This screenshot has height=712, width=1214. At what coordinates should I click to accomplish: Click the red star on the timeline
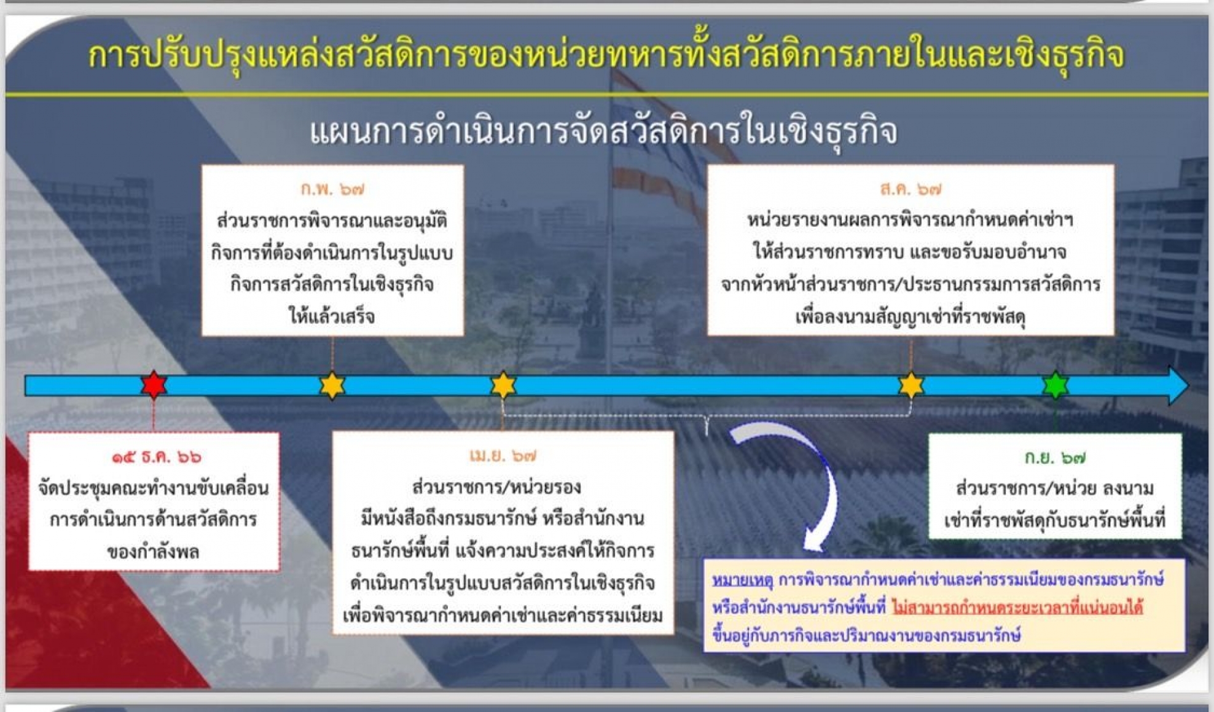click(154, 385)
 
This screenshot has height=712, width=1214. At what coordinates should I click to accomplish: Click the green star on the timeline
click(1055, 385)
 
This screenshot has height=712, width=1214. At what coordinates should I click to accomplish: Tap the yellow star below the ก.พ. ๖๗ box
click(332, 385)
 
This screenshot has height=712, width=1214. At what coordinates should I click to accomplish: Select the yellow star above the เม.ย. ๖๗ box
click(503, 385)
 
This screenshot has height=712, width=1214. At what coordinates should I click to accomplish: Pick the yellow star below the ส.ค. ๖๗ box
click(910, 385)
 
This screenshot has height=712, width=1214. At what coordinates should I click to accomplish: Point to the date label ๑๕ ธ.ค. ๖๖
click(156, 457)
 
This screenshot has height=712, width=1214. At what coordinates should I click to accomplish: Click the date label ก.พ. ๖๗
click(332, 189)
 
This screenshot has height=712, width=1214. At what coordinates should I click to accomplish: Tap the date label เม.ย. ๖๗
click(503, 456)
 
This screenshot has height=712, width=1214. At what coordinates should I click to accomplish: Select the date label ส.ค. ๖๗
click(910, 189)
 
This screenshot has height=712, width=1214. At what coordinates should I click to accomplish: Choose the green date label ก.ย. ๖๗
click(1055, 458)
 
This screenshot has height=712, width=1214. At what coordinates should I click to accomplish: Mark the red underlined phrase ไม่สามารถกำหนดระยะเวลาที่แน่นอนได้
click(1017, 608)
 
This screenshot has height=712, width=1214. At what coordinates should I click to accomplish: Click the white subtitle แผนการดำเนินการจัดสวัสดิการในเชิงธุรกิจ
click(603, 130)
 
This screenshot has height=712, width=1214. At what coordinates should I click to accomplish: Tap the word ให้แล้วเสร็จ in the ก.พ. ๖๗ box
click(332, 316)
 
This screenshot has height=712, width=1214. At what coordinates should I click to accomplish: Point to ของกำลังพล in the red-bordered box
click(154, 551)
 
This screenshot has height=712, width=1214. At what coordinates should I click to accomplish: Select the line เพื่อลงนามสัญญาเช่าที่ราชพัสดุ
click(910, 317)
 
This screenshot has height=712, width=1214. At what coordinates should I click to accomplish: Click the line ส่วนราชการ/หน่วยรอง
click(496, 487)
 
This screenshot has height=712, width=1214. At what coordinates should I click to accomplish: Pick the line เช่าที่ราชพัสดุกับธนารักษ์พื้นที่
click(1055, 520)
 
